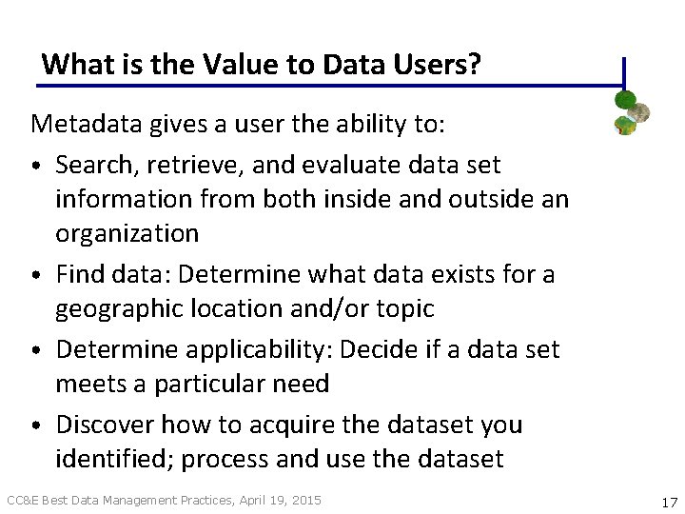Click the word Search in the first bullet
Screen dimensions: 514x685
[91, 165]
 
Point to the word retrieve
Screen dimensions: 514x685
[182, 165]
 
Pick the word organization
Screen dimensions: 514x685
[127, 233]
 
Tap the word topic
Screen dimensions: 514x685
[403, 308]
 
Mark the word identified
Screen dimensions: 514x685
[112, 459]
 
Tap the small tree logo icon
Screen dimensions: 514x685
[630, 111]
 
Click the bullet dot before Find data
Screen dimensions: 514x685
[36, 276]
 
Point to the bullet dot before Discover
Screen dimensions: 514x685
[36, 425]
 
